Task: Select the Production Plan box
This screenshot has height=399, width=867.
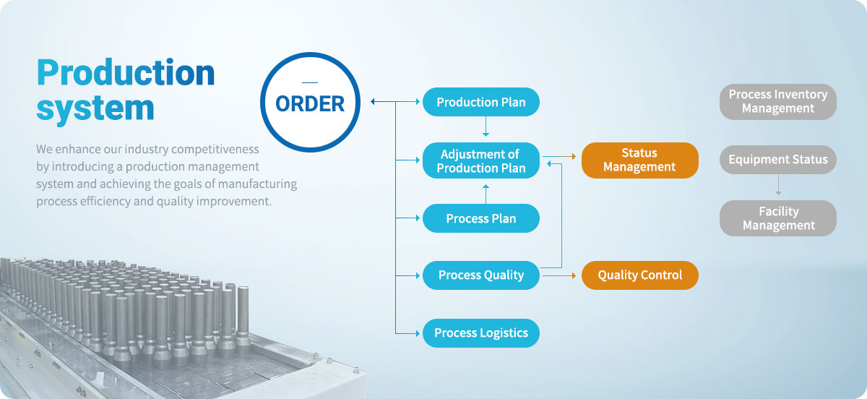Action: coord(480,102)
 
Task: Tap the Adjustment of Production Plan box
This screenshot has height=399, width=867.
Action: coord(480,160)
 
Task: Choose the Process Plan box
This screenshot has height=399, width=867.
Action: coord(480,218)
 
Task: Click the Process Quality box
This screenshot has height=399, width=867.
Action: coord(480,275)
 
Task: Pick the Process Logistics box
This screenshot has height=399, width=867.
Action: coord(480,332)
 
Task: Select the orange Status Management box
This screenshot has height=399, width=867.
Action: coord(640,160)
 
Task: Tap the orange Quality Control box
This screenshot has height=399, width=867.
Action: coord(640,275)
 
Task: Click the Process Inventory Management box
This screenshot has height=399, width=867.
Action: coord(778,102)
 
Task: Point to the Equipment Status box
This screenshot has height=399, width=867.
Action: coord(778,160)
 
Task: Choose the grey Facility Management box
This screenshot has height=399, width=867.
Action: coord(778,218)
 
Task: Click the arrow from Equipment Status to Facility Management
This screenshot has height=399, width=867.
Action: coord(778,185)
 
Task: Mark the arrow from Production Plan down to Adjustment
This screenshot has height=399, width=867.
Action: coord(486,126)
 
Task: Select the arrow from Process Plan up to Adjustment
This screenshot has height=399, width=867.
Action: coord(486,194)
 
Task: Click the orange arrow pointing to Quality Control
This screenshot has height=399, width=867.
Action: coord(559,275)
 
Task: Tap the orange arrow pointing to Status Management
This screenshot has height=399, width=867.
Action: coord(559,157)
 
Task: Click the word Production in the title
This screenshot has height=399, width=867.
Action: coord(126,72)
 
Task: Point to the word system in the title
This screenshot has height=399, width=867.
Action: coord(95,108)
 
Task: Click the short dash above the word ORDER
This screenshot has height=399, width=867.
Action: coord(310,82)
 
